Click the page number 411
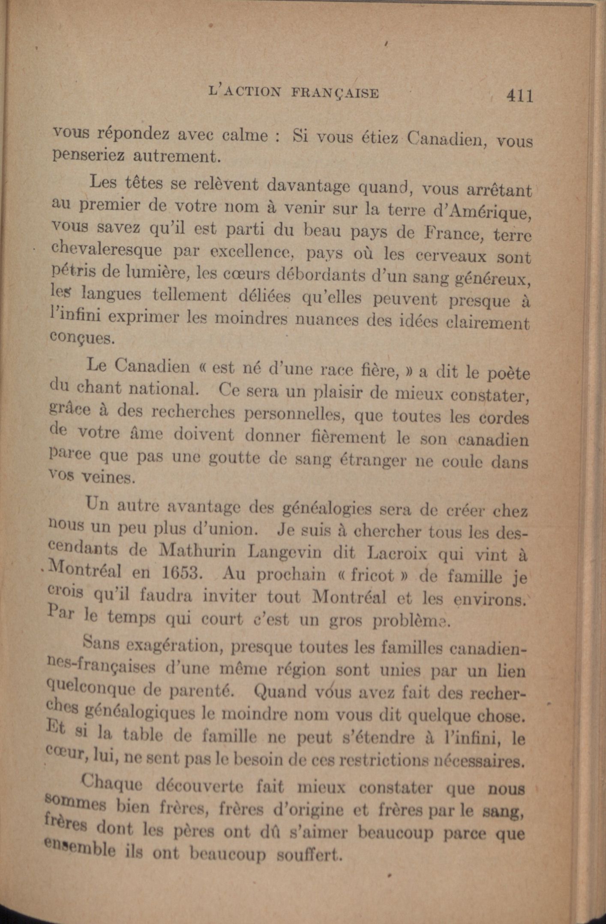[x=519, y=96]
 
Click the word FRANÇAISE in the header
[x=335, y=93]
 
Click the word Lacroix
[x=397, y=553]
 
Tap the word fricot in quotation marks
[x=372, y=575]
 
